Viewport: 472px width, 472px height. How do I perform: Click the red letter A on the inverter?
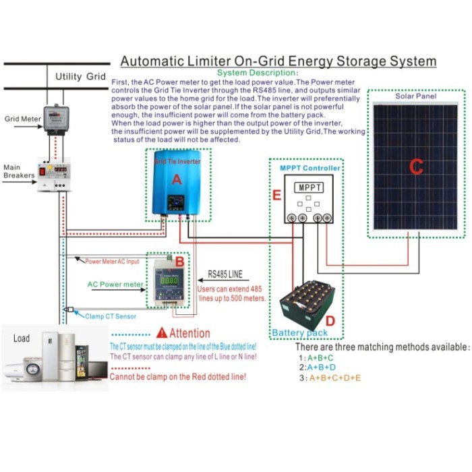click(x=177, y=179)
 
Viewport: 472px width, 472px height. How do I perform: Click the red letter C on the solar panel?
click(x=416, y=166)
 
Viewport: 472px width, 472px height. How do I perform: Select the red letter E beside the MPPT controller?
click(x=276, y=196)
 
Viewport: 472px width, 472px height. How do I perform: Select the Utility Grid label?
click(x=80, y=76)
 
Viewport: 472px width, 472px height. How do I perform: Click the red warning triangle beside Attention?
click(x=161, y=333)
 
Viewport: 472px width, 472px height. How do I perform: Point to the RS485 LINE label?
click(x=226, y=274)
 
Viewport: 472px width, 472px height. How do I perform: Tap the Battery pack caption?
click(x=300, y=333)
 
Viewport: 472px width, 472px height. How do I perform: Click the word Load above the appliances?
click(x=22, y=338)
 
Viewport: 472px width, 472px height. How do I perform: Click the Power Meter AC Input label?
click(x=112, y=260)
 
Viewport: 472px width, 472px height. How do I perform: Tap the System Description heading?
click(x=257, y=72)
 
